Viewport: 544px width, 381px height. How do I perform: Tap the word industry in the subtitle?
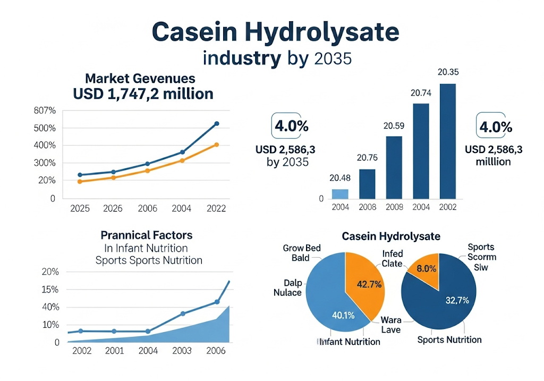[x=242, y=58]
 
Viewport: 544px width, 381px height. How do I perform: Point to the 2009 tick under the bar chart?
[x=394, y=207]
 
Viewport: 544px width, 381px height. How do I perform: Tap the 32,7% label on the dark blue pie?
[x=456, y=300]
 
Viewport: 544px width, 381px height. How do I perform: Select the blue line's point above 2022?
[x=216, y=124]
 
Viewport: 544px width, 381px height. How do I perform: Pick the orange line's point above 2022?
[x=216, y=145]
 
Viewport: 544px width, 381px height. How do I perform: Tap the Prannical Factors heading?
[x=147, y=235]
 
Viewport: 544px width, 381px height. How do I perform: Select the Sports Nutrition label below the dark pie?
[x=449, y=340]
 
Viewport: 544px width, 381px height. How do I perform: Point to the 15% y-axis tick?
[x=50, y=290]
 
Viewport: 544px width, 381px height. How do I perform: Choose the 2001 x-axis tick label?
[x=114, y=351]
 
